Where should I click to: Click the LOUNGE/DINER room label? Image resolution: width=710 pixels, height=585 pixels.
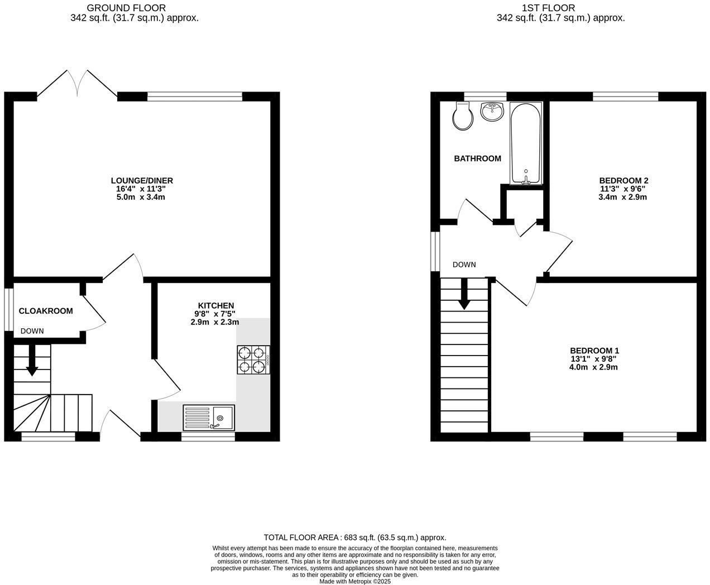pos(142,180)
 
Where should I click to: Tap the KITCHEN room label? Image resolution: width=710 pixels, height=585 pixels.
pos(215,305)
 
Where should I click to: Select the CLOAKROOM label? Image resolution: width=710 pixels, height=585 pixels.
pos(46,311)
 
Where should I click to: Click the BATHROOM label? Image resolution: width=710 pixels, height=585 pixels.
pos(477,159)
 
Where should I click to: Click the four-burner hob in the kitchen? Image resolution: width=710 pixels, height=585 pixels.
pos(253,359)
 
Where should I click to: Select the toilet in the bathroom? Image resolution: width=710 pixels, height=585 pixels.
pos(463,116)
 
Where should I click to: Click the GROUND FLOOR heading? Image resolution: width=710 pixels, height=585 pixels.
pos(126,8)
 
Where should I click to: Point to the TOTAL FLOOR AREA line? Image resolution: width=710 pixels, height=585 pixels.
pos(355,538)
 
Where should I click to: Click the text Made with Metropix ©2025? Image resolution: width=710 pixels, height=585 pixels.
pos(355,581)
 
